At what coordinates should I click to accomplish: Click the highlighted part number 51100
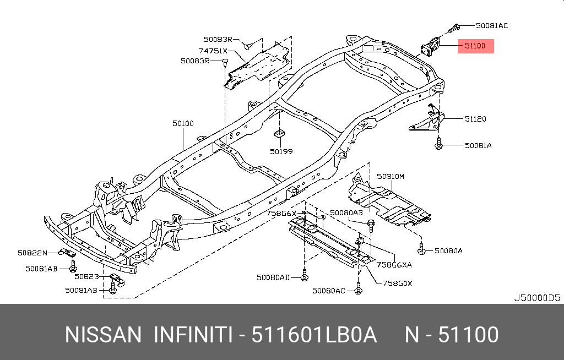pos(475,46)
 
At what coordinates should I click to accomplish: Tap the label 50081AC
pos(492,25)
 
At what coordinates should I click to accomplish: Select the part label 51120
pos(475,118)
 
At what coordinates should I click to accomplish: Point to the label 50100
pos(183,124)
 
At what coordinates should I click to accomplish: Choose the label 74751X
pos(213,51)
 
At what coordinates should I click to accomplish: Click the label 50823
pos(86,276)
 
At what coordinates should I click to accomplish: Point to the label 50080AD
pos(273,277)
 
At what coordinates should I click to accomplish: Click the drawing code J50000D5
pos(536,298)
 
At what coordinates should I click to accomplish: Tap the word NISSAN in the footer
pos(103,335)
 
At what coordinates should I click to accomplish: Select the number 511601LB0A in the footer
pos(314,335)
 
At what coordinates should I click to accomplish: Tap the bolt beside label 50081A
pos(439,145)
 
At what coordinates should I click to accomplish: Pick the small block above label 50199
pos(279,134)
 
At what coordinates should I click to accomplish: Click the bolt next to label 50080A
pos(421,250)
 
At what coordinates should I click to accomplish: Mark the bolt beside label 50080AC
pos(358,289)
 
